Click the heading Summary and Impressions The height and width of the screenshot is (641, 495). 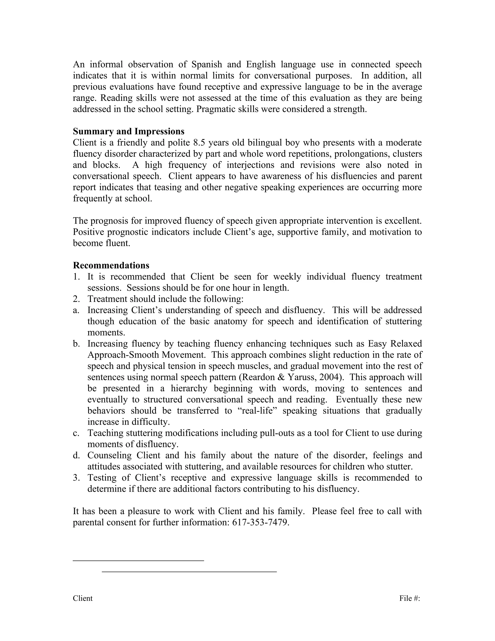point(128,131)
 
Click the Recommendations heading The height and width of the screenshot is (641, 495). point(111,265)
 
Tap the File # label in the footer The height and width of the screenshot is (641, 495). point(409,598)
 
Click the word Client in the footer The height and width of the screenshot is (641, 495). point(83,598)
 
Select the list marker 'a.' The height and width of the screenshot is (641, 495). point(76,310)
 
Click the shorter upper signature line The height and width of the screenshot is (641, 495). point(138,561)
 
